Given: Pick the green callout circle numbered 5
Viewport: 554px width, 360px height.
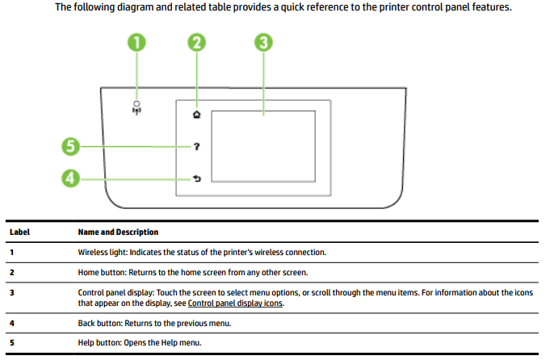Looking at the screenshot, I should [72, 147].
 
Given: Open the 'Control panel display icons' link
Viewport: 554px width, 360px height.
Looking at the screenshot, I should [235, 303].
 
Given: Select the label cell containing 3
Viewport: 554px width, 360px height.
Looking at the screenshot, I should [12, 292].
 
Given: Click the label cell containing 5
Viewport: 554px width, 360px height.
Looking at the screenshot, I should [12, 343].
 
